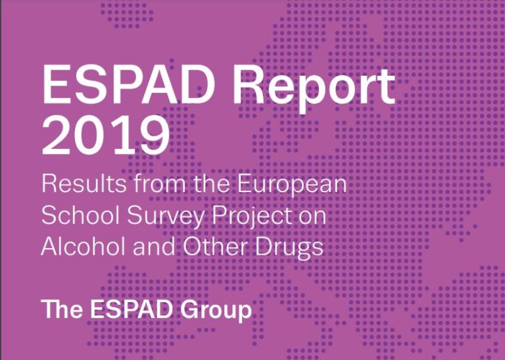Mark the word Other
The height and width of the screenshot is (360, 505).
pyautogui.click(x=215, y=247)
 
